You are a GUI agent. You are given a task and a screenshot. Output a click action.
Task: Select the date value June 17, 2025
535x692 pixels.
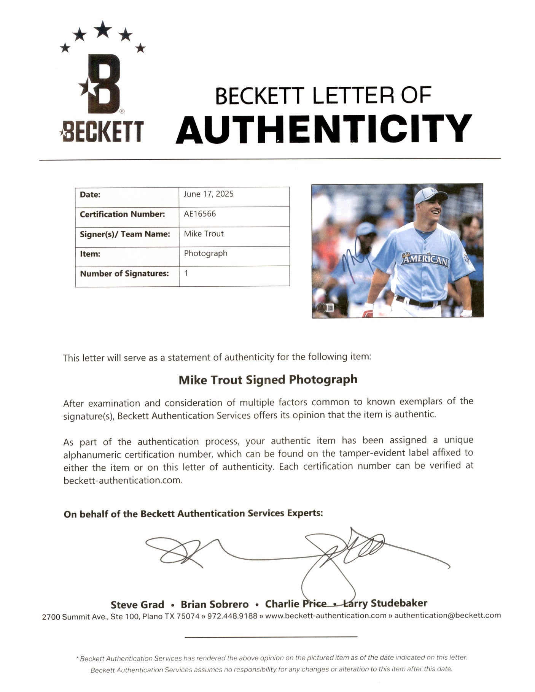[209, 194]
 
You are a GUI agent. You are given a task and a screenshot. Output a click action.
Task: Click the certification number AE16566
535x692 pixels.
[200, 214]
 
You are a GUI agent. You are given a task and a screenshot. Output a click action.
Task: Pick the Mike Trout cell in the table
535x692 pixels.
[204, 233]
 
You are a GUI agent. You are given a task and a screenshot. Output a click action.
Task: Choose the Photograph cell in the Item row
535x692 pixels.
[205, 253]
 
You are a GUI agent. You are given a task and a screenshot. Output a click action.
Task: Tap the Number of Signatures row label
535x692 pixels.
[124, 273]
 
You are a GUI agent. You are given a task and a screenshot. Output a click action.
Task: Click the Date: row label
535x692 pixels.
[90, 194]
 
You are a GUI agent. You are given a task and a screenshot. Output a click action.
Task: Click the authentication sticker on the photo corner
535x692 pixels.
[322, 308]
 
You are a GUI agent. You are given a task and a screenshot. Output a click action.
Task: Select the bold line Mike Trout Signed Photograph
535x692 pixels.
[268, 379]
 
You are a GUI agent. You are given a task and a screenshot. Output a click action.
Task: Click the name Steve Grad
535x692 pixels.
[137, 605]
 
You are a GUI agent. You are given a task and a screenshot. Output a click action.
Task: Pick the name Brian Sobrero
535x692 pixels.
[215, 604]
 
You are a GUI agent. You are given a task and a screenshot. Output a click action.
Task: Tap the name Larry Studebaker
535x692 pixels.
[385, 603]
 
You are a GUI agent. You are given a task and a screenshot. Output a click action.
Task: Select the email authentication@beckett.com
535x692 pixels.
[447, 615]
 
